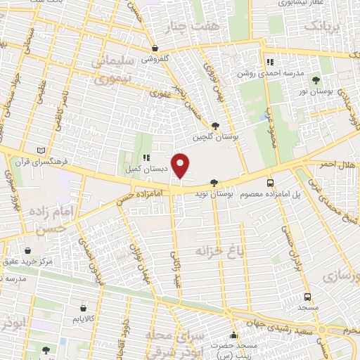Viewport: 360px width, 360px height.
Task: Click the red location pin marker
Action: tap(181, 165)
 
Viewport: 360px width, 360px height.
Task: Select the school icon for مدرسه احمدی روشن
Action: tap(268, 61)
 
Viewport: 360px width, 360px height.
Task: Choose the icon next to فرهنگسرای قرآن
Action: tap(46, 150)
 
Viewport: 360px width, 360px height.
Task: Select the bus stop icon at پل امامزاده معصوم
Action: tap(271, 183)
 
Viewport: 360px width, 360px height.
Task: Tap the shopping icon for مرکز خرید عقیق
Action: tap(27, 250)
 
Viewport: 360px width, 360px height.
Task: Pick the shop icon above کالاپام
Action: tap(84, 308)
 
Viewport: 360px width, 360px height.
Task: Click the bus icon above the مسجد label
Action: tap(307, 297)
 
